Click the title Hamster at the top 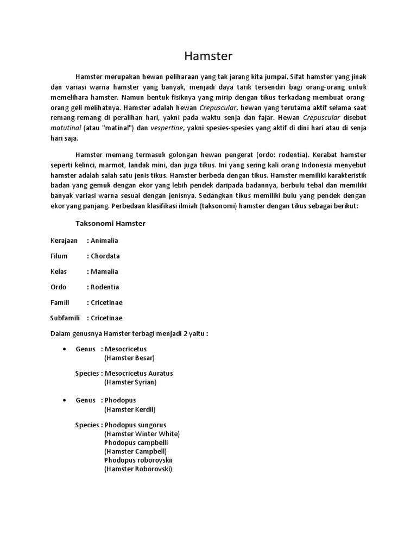click(208, 56)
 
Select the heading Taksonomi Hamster click(110, 223)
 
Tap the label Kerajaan click(64, 241)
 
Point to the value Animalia click(104, 241)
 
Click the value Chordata click(105, 256)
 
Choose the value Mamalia click(104, 271)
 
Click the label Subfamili click(65, 318)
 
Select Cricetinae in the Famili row click(106, 302)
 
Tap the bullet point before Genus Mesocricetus click(65, 349)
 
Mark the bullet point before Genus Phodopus click(65, 400)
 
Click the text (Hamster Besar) click(129, 358)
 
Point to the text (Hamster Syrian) click(130, 382)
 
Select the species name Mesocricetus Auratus click(138, 374)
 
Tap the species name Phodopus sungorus click(135, 425)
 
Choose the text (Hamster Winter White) click(142, 434)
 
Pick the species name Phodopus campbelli click(136, 443)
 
